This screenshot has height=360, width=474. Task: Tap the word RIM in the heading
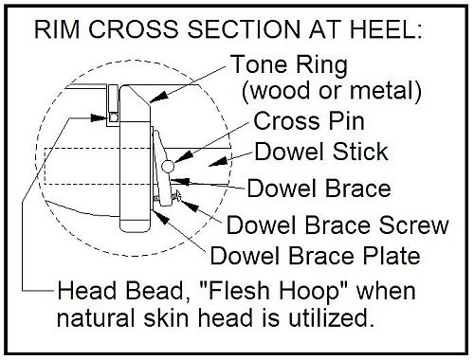tap(57, 29)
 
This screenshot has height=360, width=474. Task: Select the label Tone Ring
tap(289, 65)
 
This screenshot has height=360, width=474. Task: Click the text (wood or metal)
tap(332, 91)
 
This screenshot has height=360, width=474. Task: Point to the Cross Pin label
tap(309, 121)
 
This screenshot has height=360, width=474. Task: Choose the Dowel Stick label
tap(321, 152)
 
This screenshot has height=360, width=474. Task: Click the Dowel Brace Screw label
tap(337, 225)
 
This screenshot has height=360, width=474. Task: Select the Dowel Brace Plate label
tap(315, 256)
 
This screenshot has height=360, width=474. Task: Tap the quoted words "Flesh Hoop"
tap(273, 291)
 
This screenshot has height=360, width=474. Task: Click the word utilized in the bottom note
tap(329, 318)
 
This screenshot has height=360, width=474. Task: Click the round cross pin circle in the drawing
tap(168, 167)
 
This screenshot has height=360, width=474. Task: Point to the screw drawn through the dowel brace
tap(168, 198)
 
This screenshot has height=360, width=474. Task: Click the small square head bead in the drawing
tap(113, 117)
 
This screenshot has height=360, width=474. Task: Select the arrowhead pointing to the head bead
tap(99, 118)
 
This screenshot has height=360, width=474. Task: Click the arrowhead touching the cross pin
tap(183, 156)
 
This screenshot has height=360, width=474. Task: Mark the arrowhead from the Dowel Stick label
tap(218, 162)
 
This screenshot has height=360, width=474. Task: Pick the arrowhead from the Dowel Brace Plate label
tap(162, 217)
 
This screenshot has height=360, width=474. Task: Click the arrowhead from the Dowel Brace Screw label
tap(190, 206)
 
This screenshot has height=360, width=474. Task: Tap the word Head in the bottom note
tap(87, 291)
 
